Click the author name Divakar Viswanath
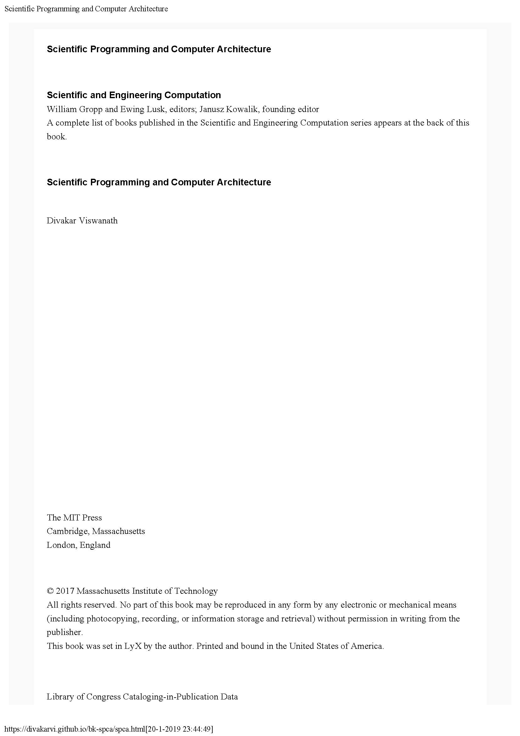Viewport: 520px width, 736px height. click(82, 221)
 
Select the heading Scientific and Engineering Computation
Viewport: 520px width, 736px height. click(134, 95)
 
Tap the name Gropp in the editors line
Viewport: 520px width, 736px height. click(90, 109)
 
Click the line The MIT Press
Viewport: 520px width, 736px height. click(74, 517)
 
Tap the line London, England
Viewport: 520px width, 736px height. click(79, 545)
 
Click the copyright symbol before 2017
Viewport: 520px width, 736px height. click(50, 591)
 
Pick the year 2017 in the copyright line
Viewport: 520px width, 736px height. click(65, 591)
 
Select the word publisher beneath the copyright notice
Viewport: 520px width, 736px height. click(64, 632)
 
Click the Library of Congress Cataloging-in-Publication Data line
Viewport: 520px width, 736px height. click(142, 697)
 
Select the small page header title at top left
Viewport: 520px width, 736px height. click(86, 9)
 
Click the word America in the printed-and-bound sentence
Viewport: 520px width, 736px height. click(366, 646)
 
